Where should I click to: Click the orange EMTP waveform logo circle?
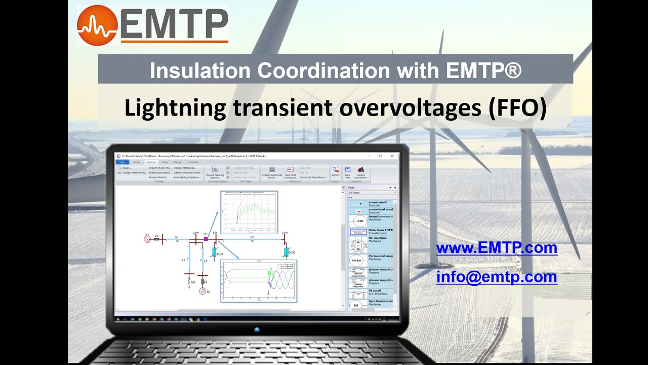[97, 25]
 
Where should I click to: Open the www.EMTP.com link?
[497, 248]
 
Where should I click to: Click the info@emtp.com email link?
[497, 277]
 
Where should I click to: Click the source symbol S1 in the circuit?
[147, 239]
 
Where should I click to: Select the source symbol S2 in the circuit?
[202, 291]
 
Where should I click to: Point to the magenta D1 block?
[206, 239]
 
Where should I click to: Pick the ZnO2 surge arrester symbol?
[286, 252]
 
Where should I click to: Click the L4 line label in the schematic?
[252, 236]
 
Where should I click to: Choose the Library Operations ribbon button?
[360, 173]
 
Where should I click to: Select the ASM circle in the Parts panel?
[360, 221]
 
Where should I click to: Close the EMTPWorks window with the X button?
[392, 156]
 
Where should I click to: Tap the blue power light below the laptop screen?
[257, 330]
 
